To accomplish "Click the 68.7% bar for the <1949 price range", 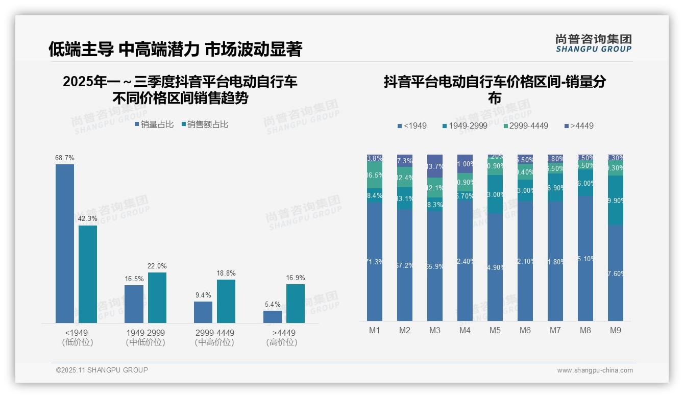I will tap(65, 243).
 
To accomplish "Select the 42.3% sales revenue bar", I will tap(88, 274).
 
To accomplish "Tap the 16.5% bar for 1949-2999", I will tap(134, 304).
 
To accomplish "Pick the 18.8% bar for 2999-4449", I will tap(226, 301).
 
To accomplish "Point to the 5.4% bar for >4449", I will tap(273, 316).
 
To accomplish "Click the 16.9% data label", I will tap(296, 278).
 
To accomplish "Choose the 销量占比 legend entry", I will tap(154, 125).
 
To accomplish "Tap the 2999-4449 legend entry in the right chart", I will tap(525, 126).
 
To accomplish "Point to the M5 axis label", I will tap(495, 330).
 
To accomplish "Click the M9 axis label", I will tap(616, 330).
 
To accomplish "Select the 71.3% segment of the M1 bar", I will tap(375, 262).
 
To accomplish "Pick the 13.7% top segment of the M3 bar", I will tap(435, 166).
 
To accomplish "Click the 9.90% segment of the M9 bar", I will tap(616, 201).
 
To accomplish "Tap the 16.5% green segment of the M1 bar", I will tap(375, 175).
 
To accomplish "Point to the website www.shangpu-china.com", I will tap(595, 370).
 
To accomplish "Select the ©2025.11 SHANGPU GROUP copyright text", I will tap(102, 370).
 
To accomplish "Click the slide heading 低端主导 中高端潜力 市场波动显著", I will tap(176, 49).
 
